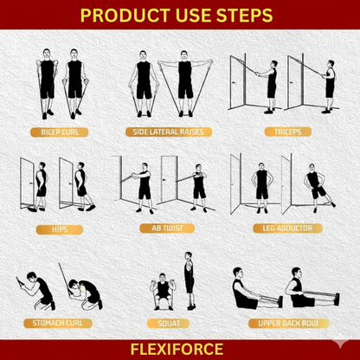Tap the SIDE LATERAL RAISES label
pos(164,133)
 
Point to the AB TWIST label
pos(164,229)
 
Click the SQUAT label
pos(169,323)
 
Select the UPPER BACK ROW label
pos(280,323)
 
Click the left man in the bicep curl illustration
pos(47,82)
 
